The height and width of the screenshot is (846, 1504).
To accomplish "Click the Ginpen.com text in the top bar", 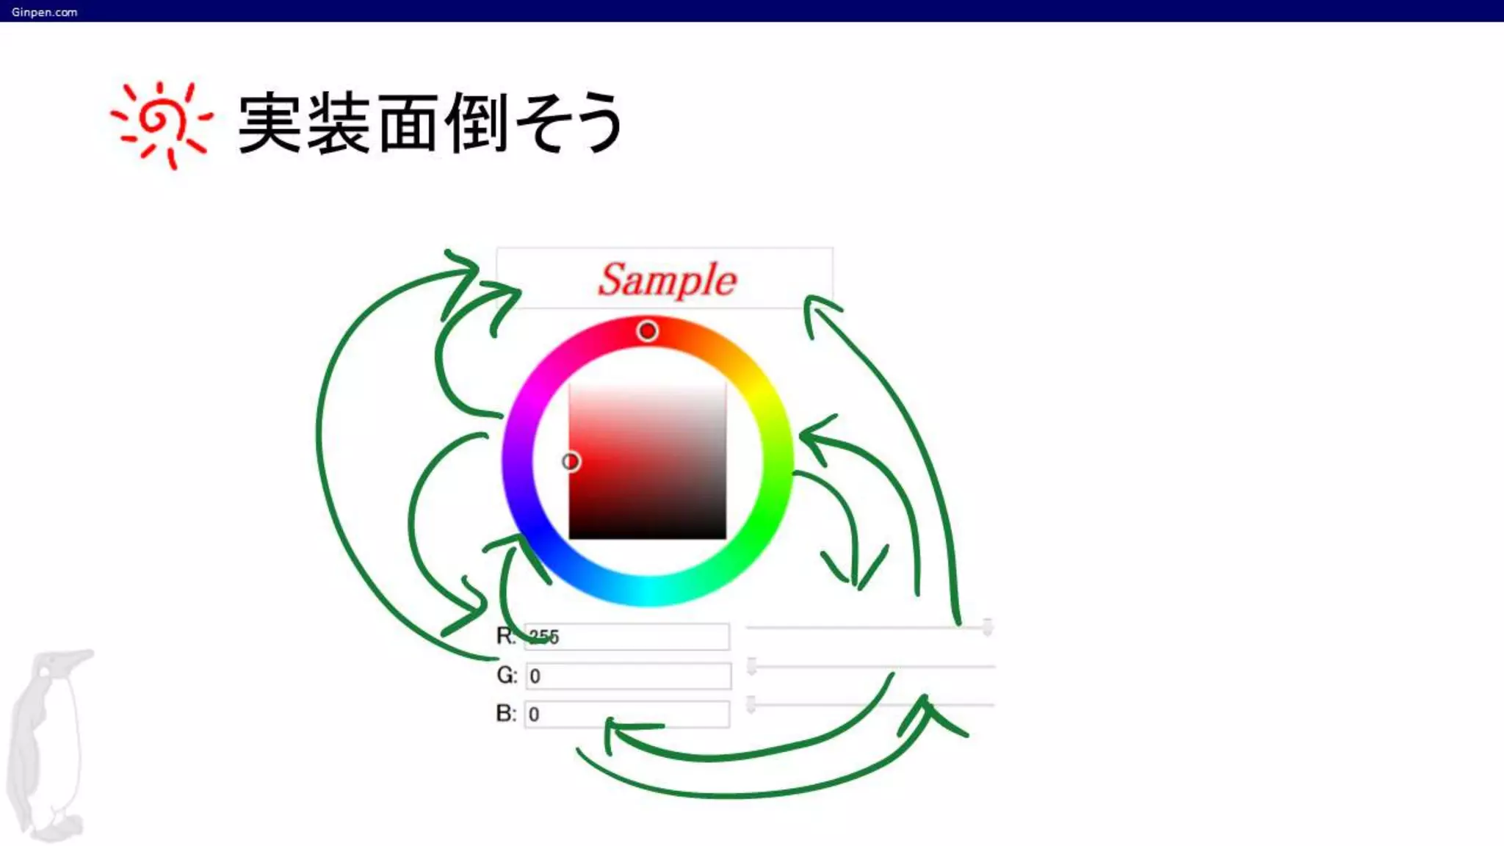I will (x=44, y=12).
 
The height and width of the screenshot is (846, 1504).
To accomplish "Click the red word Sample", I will (x=667, y=280).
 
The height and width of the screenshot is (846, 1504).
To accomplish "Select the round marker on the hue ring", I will (x=647, y=331).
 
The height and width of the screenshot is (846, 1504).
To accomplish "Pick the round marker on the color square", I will (x=571, y=461).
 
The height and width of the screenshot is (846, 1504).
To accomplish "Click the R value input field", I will (x=627, y=637).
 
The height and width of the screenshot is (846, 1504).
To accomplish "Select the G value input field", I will (x=629, y=676).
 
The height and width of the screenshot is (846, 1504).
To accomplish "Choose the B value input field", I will (x=627, y=714).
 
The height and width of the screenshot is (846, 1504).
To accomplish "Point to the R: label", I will (x=506, y=636).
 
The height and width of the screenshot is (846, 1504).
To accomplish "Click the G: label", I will (x=507, y=675).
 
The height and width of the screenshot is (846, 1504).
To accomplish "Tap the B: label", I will (x=506, y=713).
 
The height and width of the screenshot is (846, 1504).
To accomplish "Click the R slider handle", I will (x=988, y=627).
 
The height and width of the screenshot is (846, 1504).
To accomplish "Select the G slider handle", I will (x=751, y=666).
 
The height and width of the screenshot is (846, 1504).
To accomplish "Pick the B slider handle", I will (x=751, y=704).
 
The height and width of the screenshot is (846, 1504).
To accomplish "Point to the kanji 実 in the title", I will (x=270, y=123).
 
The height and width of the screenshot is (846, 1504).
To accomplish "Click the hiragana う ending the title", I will (x=596, y=123).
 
